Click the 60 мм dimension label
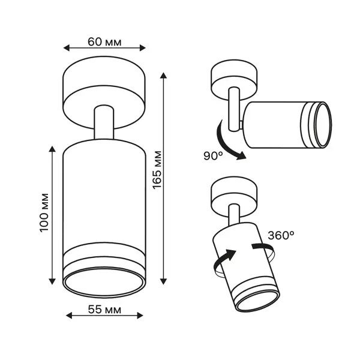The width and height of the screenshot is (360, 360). point(104,42)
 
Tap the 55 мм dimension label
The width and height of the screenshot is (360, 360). point(104,310)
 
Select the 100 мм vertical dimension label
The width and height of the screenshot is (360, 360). point(44,213)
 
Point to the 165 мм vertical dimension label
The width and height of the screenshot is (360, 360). point(157,170)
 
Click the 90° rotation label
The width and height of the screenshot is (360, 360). point(213,156)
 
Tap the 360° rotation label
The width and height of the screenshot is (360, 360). point(281,235)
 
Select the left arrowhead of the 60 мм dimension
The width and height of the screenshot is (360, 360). point(66,48)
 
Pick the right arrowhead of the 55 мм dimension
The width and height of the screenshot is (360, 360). point(140,316)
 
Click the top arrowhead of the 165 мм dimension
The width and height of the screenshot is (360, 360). point(163,76)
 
